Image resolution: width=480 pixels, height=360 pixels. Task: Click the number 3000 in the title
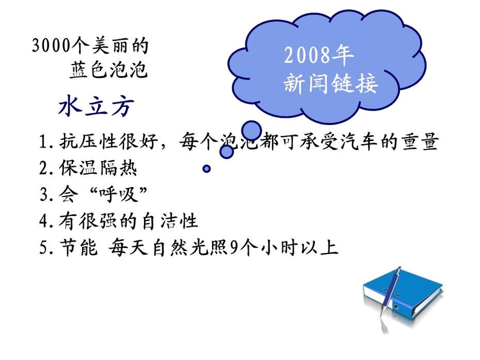point(51,45)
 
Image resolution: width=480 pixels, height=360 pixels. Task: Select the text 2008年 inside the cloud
point(318,55)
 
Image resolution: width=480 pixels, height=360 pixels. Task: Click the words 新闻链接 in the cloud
point(331,83)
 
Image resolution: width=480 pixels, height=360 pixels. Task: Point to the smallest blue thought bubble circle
point(206,168)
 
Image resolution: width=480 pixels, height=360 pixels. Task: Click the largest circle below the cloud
point(251,131)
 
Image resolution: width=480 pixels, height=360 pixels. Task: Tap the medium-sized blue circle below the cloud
point(227,151)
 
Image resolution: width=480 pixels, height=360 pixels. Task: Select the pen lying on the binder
point(390,292)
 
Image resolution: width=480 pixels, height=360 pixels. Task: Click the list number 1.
point(43,142)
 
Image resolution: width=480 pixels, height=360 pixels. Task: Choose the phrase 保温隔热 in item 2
point(98,168)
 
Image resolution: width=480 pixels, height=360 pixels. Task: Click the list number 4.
point(43,221)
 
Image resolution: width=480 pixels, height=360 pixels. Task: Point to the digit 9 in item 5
point(234,247)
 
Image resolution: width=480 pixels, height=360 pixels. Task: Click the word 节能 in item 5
point(78,247)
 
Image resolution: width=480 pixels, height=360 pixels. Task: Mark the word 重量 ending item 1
point(420,142)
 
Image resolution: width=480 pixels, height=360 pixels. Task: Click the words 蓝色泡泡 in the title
point(108,70)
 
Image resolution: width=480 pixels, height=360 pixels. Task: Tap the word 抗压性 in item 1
point(88,142)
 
